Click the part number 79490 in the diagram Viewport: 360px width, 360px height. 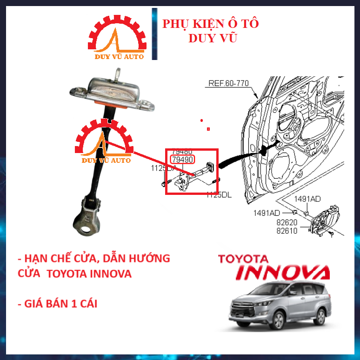pos(182,160)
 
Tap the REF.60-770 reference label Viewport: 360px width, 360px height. pos(228,84)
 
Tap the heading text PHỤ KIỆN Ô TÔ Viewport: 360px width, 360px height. pos(210,24)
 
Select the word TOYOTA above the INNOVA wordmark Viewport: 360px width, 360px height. pos(243,259)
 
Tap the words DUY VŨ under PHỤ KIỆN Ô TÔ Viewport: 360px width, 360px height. pos(213,38)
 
